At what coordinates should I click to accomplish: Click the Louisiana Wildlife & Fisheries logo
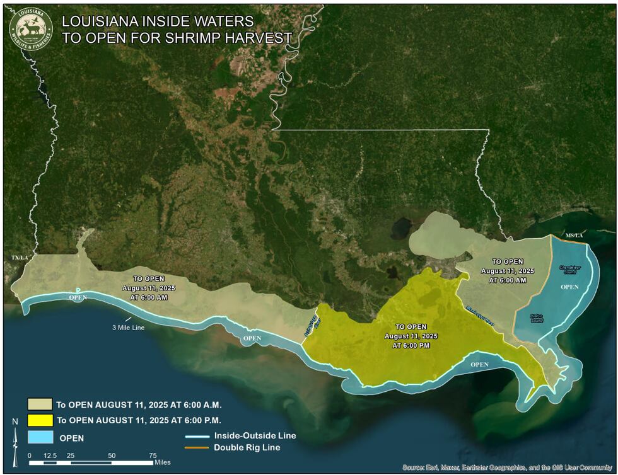[30, 28]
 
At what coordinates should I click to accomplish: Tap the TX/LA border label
[20, 258]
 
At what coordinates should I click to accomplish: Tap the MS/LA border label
[574, 235]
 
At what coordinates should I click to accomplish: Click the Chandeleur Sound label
[569, 270]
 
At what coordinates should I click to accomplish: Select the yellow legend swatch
[40, 420]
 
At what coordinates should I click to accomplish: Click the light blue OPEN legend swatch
[40, 437]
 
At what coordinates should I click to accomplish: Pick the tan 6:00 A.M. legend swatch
[40, 404]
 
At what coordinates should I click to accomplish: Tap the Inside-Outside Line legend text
[255, 435]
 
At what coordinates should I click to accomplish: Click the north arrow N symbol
[15, 421]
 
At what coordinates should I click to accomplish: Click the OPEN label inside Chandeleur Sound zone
[569, 287]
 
